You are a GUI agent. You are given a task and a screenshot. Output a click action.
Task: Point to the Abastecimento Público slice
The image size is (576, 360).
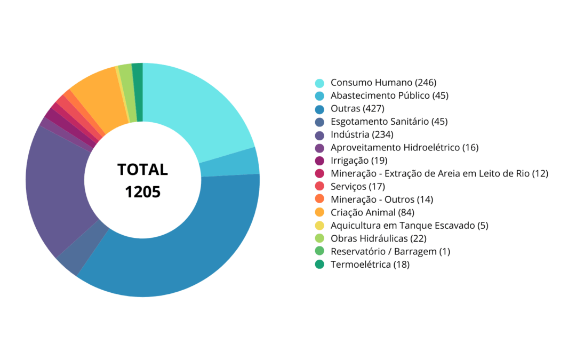[230, 163]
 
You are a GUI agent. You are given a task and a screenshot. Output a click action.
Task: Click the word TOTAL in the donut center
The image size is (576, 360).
[142, 170]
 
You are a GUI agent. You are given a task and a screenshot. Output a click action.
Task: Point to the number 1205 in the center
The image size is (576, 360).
[142, 191]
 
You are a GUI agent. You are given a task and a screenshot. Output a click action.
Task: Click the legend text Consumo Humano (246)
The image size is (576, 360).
[383, 83]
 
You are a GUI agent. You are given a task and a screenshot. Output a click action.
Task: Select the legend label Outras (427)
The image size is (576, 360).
[357, 109]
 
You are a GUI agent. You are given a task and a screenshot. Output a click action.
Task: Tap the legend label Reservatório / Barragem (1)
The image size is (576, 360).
[390, 251]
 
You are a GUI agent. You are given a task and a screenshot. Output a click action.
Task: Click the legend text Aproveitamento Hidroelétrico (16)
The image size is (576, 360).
[404, 147]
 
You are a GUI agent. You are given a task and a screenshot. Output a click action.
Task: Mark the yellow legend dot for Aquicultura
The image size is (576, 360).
[319, 226]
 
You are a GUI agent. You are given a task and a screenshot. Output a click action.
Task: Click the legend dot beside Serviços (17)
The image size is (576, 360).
[319, 187]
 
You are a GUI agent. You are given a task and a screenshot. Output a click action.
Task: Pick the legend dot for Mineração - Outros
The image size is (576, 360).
[319, 199]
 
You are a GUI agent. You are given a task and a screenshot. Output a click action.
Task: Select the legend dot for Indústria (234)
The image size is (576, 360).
[319, 135]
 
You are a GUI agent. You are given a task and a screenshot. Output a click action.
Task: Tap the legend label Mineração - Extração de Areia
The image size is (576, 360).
[439, 173]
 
